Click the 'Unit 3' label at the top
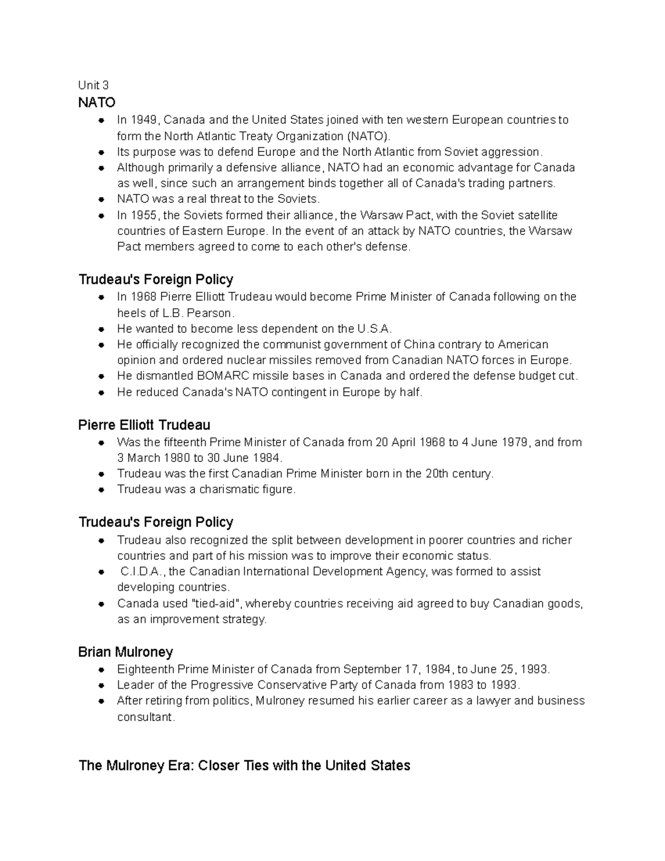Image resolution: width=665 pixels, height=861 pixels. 93,85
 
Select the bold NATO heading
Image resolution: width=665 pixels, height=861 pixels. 96,103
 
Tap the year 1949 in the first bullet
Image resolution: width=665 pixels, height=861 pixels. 145,120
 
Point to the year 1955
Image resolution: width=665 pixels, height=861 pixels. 145,215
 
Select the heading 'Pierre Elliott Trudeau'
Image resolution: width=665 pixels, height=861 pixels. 144,425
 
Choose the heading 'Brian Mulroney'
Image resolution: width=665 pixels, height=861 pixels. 126,652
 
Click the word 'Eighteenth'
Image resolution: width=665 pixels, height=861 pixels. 144,669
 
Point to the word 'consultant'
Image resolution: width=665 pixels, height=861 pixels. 145,717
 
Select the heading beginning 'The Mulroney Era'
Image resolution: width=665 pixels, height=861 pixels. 244,766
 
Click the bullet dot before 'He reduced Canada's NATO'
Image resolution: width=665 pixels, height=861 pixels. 101,393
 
